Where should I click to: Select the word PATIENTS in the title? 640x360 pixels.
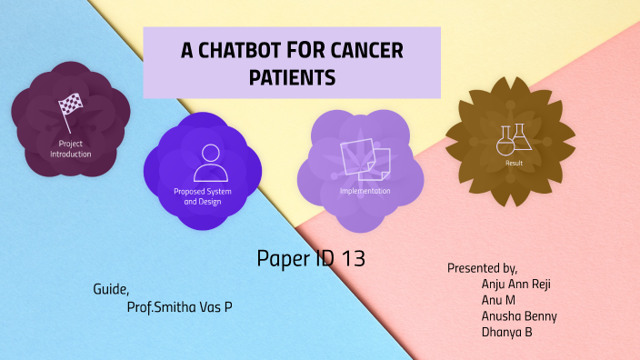[x=293, y=78]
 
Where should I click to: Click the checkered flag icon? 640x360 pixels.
[x=70, y=108]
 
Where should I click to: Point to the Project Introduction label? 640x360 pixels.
[x=70, y=149]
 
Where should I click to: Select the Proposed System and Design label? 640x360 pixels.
[x=203, y=195]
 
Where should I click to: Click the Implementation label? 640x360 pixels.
[x=365, y=191]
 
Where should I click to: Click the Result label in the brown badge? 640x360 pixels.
[x=514, y=164]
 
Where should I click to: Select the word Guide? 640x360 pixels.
[x=111, y=290]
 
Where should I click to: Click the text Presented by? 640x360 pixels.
[x=482, y=268]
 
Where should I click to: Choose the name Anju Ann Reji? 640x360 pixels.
[x=515, y=284]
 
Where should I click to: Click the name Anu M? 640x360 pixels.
[x=499, y=300]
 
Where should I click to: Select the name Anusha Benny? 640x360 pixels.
[x=519, y=316]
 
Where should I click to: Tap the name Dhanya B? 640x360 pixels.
[x=506, y=333]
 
